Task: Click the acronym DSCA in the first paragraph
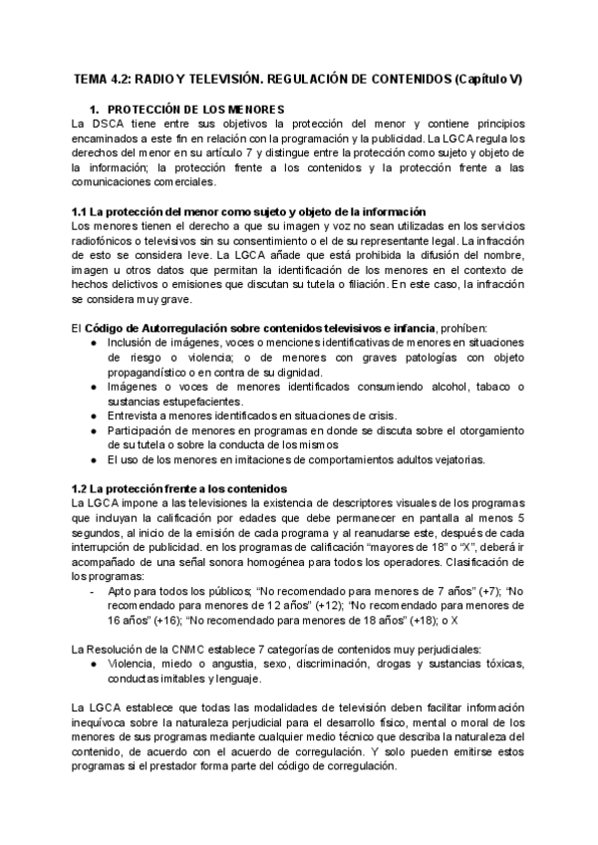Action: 107,124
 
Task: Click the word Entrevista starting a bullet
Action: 135,416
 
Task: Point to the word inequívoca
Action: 109,721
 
